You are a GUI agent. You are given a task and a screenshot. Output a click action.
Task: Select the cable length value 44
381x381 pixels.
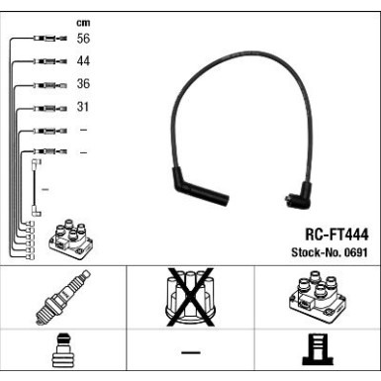point(83,61)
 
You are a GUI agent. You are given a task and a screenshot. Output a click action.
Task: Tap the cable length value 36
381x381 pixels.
point(83,84)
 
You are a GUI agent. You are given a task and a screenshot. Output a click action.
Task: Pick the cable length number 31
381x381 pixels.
point(83,107)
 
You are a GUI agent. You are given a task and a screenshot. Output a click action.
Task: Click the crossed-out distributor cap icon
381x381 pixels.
point(190,298)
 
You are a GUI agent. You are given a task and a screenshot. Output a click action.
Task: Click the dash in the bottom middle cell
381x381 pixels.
point(190,353)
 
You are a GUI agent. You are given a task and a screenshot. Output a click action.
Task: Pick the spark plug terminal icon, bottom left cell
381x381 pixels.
point(63,353)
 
